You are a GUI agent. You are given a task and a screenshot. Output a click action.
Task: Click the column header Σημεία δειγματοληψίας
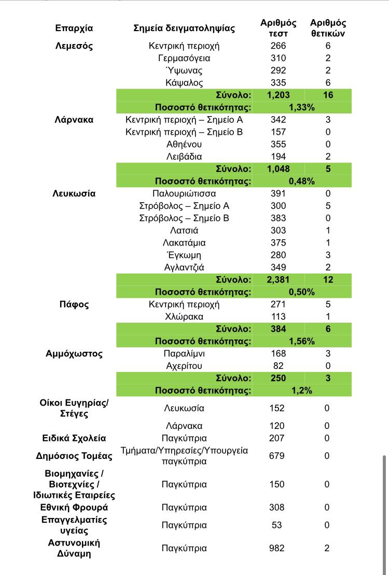coord(184,28)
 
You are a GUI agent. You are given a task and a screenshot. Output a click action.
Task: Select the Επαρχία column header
coord(74,28)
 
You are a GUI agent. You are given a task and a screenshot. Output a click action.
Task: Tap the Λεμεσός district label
coord(74,46)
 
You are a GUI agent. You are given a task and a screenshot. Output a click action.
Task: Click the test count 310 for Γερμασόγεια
coord(279,58)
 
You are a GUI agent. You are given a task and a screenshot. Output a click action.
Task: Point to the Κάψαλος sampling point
coord(184,83)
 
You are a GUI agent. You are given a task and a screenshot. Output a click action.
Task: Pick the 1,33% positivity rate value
coord(301,107)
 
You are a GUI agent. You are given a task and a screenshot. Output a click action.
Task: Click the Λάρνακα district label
coord(74,120)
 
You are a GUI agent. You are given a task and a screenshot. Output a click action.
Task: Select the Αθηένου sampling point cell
coord(184,144)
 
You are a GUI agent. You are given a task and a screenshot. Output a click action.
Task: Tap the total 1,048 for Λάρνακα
coord(279,169)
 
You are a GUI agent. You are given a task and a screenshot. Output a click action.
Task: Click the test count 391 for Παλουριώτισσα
coord(279,194)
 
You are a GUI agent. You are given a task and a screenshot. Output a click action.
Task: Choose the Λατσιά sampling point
coord(184,231)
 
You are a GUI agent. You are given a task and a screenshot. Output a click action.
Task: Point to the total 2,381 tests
coord(279,280)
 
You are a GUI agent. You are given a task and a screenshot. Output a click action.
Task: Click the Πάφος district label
coord(74,304)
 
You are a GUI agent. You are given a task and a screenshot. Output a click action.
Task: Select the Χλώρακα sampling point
coord(184,317)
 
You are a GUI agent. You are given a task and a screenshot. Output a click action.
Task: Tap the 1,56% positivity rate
coord(301,341)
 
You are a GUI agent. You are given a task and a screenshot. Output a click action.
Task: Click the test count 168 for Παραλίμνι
coord(279,354)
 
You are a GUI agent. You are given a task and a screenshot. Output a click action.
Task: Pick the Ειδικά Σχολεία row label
coord(74,438)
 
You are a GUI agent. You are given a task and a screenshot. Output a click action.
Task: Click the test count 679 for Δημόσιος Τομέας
coord(277,456)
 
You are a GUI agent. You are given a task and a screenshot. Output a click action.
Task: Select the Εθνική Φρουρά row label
coord(74,508)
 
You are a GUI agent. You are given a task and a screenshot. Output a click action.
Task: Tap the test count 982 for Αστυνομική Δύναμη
coord(277,548)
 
